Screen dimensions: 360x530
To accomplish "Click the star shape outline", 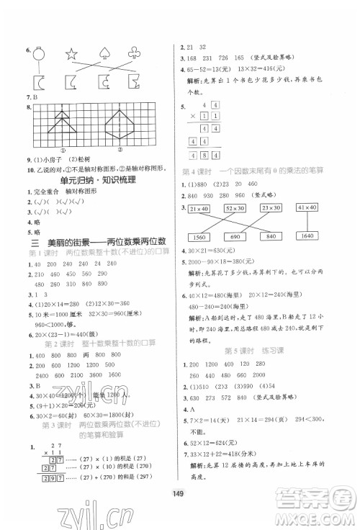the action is (71, 54).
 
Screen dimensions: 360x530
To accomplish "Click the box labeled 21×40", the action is (202, 208).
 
